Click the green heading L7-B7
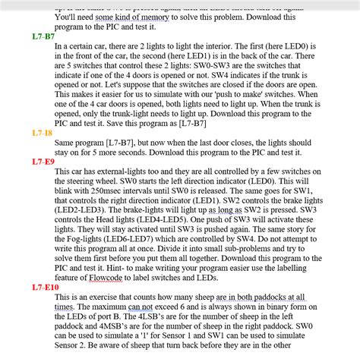(43, 36)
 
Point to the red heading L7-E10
(45, 288)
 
